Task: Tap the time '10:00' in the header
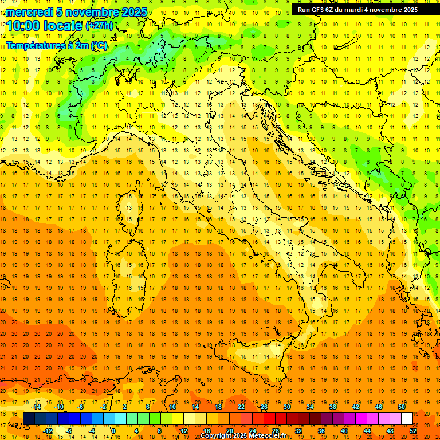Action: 23,26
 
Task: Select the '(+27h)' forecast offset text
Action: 99,26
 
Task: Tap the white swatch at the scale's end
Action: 407,418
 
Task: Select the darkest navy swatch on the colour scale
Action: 29,418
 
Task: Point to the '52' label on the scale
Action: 413,431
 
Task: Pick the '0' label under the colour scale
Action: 113,431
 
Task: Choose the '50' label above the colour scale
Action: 402,407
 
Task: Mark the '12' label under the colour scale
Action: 183,431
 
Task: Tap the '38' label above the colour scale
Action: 332,407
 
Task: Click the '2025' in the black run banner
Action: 409,10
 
